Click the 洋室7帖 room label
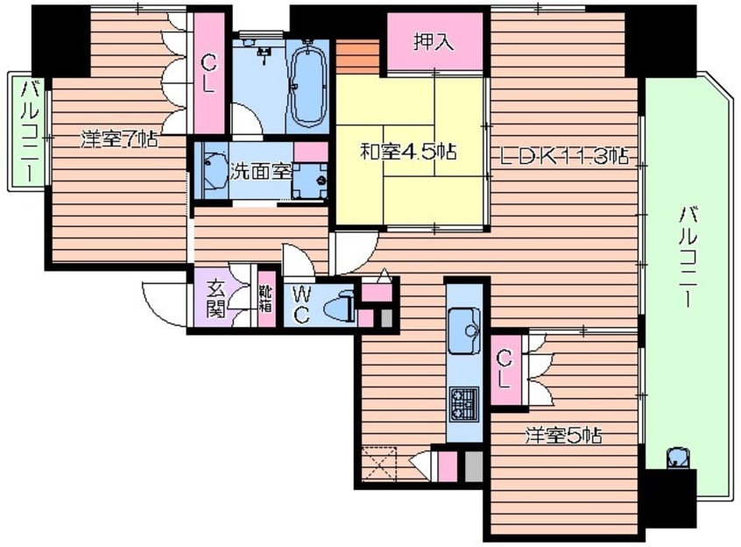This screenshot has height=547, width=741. point(119,139)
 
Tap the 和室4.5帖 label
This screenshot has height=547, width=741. point(408,153)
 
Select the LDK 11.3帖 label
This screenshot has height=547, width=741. point(564,155)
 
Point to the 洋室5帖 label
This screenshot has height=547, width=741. point(564,435)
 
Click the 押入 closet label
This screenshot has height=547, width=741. point(434,41)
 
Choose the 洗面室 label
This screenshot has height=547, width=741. point(261,172)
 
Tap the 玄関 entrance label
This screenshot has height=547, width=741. point(217,299)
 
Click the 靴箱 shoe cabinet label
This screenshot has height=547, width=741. point(266,299)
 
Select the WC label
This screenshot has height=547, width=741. point(301,305)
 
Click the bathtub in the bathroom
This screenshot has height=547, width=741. point(308,84)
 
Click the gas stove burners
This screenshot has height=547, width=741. point(464,404)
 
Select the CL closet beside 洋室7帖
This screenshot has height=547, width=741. point(209,74)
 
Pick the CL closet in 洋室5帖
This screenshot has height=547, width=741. point(505,370)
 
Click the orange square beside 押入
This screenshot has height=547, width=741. point(357,57)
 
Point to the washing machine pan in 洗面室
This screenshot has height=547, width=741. point(310,181)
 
